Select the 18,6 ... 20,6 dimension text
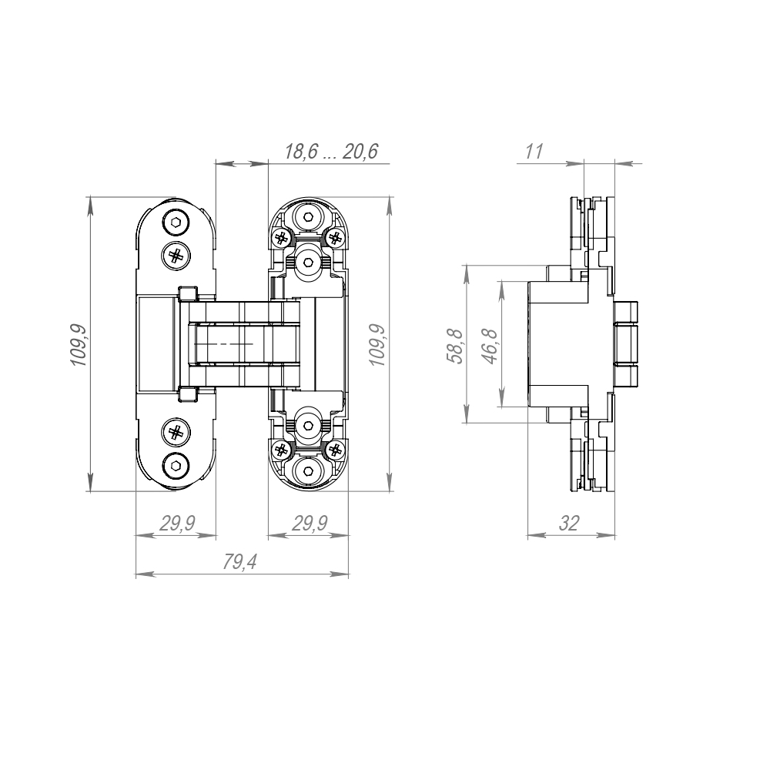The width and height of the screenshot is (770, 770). pos(330,152)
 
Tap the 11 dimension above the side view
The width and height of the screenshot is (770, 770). pos(534,152)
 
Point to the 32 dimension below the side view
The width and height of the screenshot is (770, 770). pos(568,524)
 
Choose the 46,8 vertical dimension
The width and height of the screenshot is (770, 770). pos(489,344)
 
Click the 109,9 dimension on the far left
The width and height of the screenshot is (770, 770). pos(79,344)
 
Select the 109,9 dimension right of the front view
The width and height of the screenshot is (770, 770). pos(377,344)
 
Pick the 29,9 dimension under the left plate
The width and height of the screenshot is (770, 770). pos(176,524)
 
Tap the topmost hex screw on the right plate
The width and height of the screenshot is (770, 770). pos(309,219)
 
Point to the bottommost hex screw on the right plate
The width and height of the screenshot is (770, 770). pos(309,470)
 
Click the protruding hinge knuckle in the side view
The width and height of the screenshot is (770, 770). pos(629,343)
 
